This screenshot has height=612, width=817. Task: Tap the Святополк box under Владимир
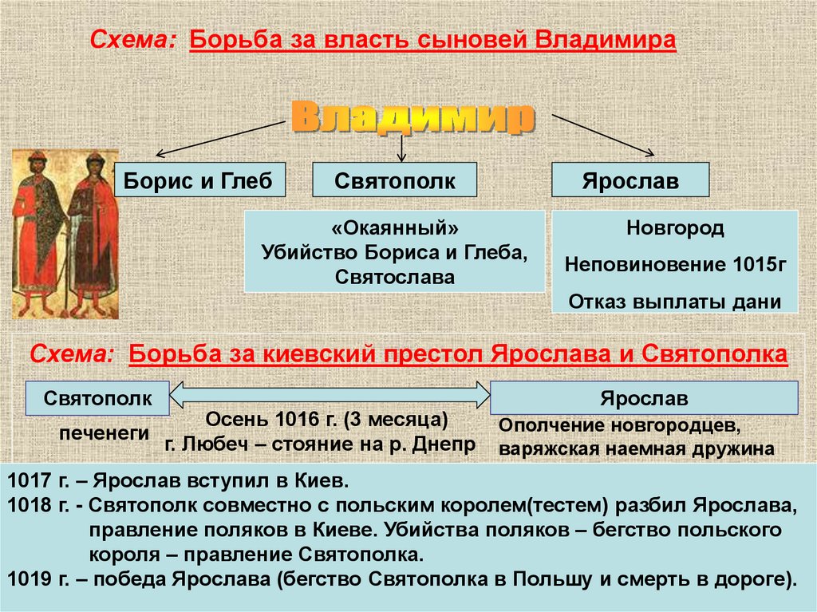(394, 181)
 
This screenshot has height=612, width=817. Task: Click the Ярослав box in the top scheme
(630, 181)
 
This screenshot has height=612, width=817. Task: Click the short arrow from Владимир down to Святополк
(401, 147)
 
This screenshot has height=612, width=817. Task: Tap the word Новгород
(674, 228)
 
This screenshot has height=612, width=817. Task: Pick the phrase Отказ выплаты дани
(674, 302)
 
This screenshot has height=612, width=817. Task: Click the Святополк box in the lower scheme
(97, 398)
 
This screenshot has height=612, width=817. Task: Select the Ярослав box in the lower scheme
(643, 398)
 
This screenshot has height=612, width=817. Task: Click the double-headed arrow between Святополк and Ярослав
(330, 395)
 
